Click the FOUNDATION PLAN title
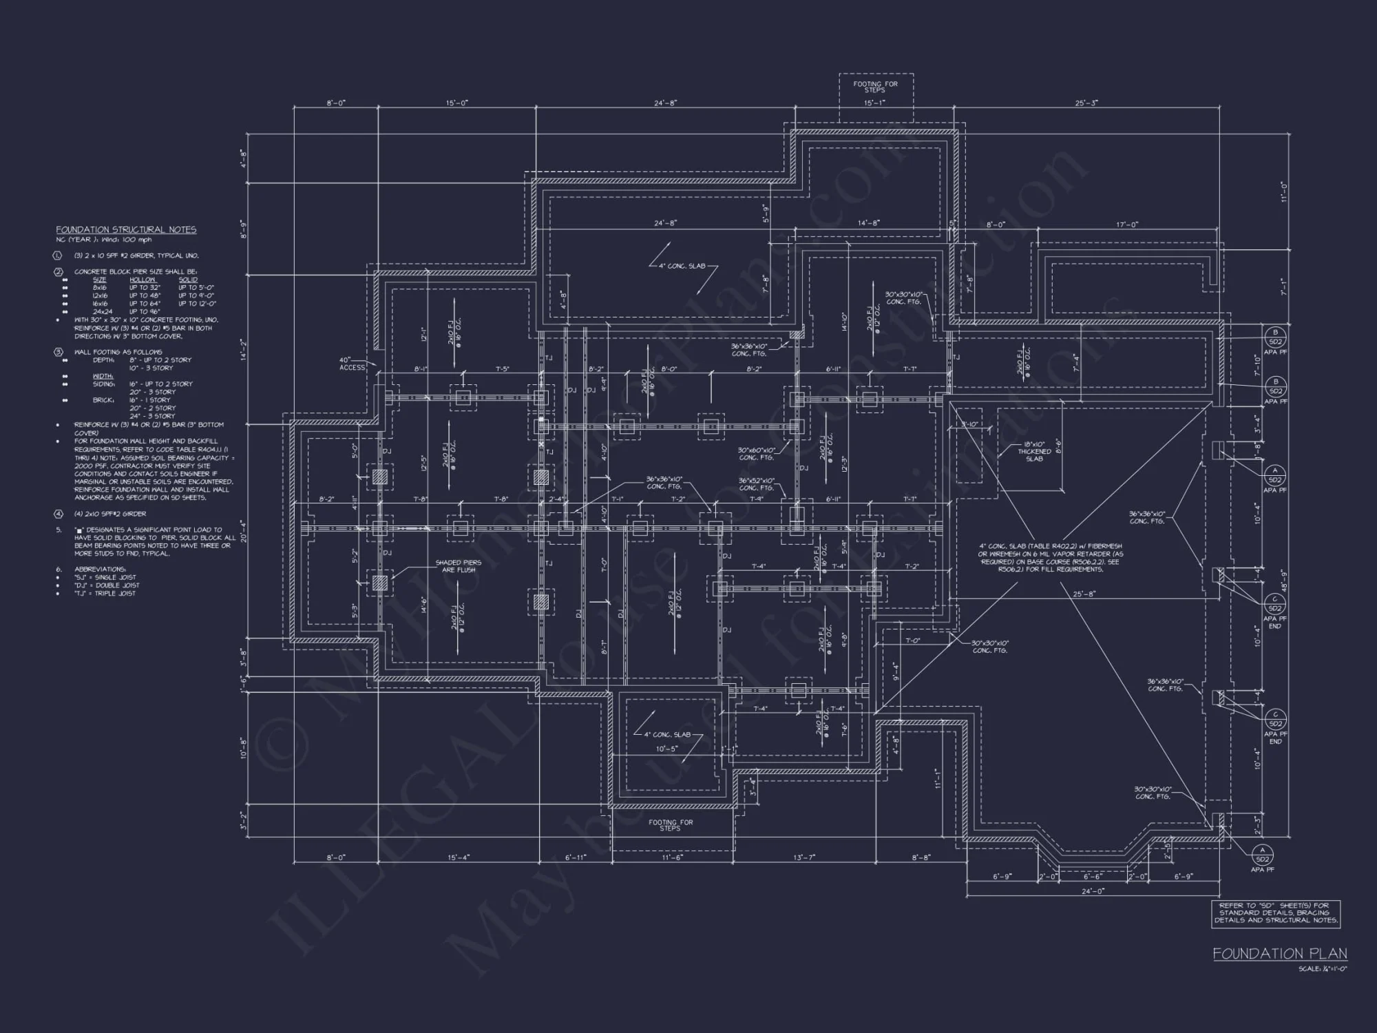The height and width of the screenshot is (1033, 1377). (1279, 954)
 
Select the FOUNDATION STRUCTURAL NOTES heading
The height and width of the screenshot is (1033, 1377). (126, 230)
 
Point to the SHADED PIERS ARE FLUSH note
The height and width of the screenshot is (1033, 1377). (458, 566)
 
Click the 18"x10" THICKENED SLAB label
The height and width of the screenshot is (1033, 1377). (1034, 452)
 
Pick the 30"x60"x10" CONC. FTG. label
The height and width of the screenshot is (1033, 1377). (757, 454)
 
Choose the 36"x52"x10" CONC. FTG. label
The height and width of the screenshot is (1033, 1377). (756, 484)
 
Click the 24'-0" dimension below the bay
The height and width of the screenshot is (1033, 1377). (1093, 890)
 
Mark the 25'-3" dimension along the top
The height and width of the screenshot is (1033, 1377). (1086, 103)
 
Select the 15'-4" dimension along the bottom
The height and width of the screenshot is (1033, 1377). (458, 857)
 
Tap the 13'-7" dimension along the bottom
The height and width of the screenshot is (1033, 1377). (803, 857)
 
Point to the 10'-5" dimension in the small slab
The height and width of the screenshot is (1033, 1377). (666, 749)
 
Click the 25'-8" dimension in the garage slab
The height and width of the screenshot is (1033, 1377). (1084, 594)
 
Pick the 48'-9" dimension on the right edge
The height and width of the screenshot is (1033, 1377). (1284, 582)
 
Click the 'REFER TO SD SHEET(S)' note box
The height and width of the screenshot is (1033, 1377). (1276, 913)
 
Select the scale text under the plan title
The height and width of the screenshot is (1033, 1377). (1322, 969)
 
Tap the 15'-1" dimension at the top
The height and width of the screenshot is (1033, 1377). (874, 103)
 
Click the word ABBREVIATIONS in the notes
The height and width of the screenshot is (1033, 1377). (100, 570)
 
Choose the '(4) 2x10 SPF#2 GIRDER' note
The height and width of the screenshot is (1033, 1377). (110, 514)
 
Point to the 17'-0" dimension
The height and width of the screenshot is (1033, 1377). (1126, 225)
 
